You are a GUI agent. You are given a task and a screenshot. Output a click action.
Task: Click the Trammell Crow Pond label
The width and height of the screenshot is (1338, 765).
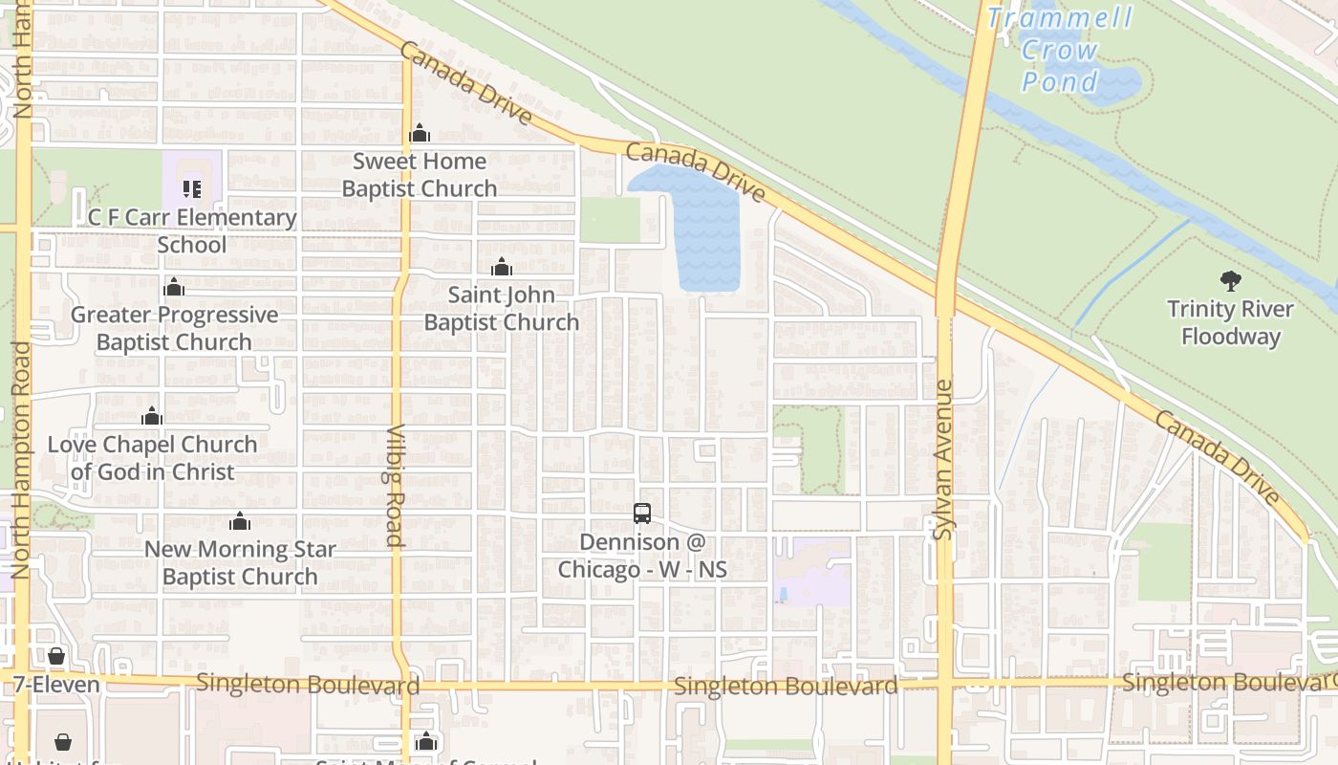pos(1060,49)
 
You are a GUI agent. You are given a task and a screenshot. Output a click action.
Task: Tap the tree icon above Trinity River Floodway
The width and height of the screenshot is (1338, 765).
pos(1230,281)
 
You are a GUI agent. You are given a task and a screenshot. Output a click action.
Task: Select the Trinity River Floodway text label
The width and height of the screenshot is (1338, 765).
pos(1230,323)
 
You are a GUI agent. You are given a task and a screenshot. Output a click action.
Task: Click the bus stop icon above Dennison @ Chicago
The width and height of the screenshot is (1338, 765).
pos(642,514)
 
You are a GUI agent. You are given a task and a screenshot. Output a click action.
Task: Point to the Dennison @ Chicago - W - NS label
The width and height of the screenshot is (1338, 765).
pos(642,556)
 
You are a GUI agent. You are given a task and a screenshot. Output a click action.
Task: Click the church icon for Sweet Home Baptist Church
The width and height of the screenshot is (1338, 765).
pos(419,133)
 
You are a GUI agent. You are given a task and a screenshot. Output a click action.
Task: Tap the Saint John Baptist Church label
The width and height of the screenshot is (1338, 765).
pos(502,308)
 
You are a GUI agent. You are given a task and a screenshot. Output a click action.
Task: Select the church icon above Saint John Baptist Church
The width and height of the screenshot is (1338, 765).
pos(502,267)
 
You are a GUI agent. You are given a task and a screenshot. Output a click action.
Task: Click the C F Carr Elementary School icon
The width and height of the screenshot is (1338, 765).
pos(192,188)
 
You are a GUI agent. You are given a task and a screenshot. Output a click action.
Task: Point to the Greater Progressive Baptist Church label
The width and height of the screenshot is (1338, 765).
pos(174,328)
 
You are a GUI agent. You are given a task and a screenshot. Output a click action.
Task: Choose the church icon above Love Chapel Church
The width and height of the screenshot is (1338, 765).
pos(151,416)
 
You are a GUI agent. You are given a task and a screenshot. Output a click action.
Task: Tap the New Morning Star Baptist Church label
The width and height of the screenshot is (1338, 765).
pos(240,562)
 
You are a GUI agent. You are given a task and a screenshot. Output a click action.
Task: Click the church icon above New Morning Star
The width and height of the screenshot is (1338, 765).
pos(240,521)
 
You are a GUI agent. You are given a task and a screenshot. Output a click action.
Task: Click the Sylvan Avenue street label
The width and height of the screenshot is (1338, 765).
pos(943,459)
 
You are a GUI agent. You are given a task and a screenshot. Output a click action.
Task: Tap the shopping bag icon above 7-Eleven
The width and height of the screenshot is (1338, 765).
pos(56,656)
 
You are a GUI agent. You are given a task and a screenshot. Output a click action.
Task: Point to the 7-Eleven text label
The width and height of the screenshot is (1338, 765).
pos(56,685)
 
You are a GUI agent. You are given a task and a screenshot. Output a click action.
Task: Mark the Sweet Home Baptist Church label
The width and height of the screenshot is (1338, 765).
pos(420,174)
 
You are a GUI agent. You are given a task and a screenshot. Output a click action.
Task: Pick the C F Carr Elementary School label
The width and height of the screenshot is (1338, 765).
pos(192,230)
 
